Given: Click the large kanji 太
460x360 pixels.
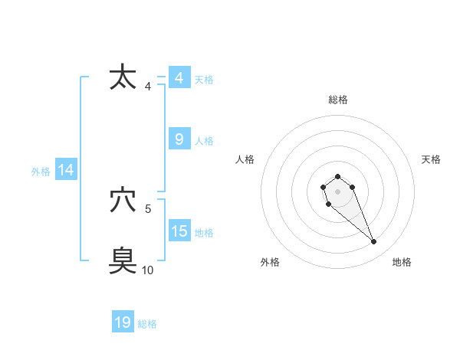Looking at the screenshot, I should [123, 78].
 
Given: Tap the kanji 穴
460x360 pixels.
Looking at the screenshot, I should [123, 201].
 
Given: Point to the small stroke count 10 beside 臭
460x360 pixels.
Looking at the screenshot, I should [148, 270].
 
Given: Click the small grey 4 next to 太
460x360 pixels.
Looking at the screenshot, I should [148, 87].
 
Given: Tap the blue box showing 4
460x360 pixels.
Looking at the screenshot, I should [179, 78].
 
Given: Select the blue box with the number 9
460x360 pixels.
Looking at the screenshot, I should [179, 139].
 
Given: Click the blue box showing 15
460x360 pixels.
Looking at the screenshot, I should [179, 231].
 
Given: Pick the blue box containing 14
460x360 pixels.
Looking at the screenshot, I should [66, 171].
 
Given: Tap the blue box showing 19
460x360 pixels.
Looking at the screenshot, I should [123, 322].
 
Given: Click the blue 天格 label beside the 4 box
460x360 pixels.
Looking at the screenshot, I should [204, 80].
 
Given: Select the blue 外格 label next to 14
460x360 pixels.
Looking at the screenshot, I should [41, 172].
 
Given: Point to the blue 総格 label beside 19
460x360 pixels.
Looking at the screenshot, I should [147, 324].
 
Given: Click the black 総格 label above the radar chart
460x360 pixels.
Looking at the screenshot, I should [337, 100].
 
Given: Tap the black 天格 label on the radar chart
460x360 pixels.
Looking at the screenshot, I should [431, 159].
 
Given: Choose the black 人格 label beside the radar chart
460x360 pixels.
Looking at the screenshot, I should [245, 159].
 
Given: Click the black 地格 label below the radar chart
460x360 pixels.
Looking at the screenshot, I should [402, 262].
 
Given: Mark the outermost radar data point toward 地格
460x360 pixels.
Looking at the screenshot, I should [374, 242].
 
